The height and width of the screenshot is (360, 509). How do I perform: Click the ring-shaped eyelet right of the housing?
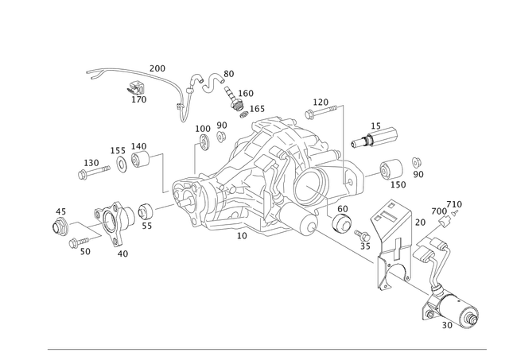[389, 166]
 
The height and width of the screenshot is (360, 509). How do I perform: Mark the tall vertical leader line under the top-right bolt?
[343, 151]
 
